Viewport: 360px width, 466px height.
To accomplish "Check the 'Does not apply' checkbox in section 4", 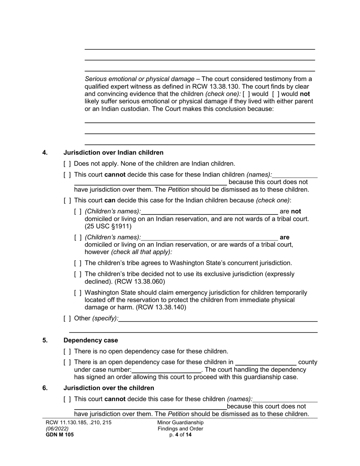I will coord(67,164).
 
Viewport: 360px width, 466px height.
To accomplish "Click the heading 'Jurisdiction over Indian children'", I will coord(113,153).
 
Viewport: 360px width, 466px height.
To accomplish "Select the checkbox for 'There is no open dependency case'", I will coord(67,351).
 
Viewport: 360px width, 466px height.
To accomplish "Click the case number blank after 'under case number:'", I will coord(166,369).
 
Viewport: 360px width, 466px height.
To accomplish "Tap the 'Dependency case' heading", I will coord(91,340).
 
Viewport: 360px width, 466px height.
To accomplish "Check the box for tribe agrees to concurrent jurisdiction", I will coord(78,263).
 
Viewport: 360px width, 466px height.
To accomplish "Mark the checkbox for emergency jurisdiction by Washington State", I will coord(78,293).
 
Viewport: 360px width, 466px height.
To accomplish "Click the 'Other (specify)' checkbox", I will coord(67,318).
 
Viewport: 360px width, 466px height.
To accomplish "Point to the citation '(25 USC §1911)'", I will coord(108,226).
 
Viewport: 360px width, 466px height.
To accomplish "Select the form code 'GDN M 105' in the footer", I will coord(59,435).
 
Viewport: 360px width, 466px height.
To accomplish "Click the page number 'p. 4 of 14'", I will coord(180,435).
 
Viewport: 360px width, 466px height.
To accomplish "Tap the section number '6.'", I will coord(45,388).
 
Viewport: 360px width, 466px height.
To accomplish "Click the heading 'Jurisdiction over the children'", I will coord(109,388).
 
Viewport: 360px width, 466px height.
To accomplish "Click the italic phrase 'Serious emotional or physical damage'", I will coord(139,79).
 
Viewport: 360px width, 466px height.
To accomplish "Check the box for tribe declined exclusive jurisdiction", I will coord(78,274).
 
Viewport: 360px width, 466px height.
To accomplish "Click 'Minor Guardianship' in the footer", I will coord(180,422).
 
